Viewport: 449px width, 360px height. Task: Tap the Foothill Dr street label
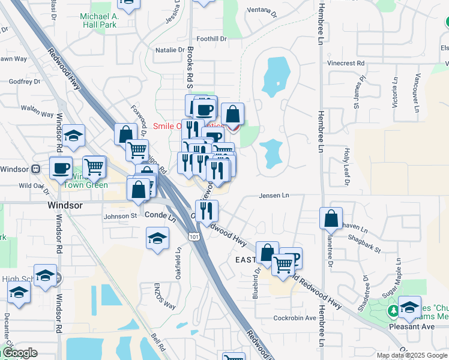pos(215,38)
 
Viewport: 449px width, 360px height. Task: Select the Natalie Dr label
pos(170,50)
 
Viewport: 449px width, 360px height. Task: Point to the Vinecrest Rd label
pos(346,62)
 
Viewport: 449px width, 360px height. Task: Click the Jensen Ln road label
pos(274,196)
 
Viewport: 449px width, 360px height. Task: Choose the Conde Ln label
pos(160,214)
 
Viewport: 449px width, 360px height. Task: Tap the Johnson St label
pos(121,216)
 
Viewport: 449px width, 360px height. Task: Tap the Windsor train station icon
pos(36,169)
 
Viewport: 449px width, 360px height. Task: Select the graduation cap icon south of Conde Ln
pos(157,239)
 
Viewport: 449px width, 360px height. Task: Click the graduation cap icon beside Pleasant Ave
pos(409,307)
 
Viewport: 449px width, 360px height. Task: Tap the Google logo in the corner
pos(19,353)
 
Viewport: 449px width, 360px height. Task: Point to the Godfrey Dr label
pos(25,81)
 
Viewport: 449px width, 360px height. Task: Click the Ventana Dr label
pos(262,12)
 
